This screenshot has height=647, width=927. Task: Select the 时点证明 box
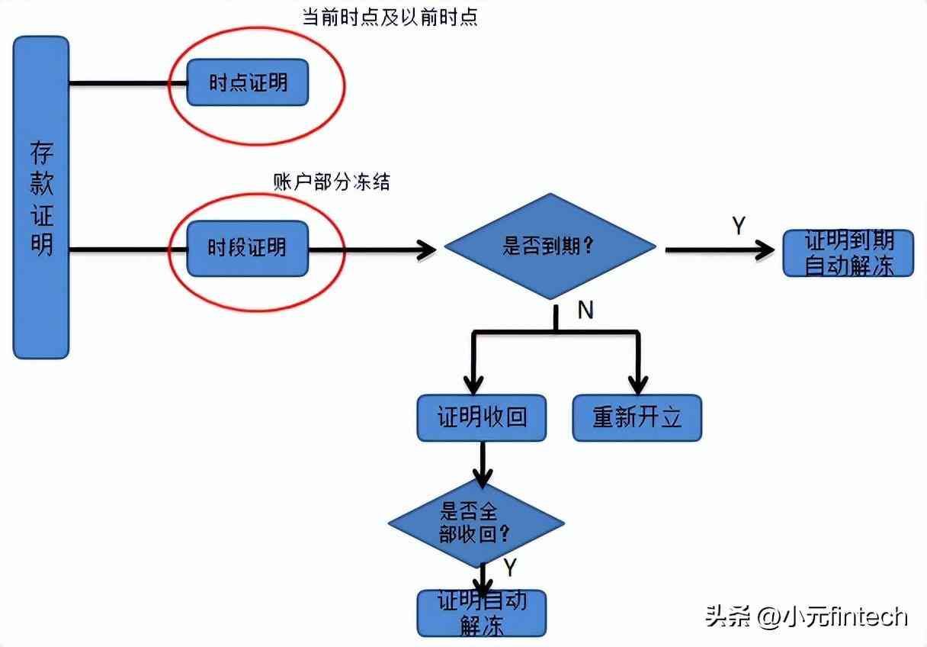click(x=248, y=82)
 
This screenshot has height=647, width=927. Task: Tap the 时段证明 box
click(x=248, y=248)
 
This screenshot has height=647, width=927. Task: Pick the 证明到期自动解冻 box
click(x=848, y=253)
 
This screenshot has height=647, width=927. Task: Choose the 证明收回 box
click(x=481, y=417)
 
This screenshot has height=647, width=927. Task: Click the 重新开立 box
click(x=637, y=417)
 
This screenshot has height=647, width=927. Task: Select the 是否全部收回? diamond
click(x=476, y=523)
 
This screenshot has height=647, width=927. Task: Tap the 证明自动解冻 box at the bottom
click(x=482, y=613)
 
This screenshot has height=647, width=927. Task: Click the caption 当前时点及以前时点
click(x=390, y=17)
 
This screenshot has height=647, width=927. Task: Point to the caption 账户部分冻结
click(x=331, y=182)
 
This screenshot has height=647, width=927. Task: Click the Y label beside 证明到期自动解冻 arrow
click(x=738, y=226)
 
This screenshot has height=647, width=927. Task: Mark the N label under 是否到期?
click(x=585, y=309)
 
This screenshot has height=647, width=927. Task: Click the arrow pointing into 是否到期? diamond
click(x=423, y=249)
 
